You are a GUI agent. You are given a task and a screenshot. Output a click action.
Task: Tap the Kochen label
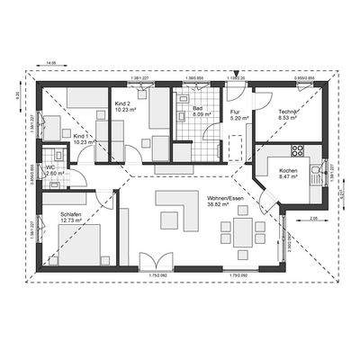tap(287, 171)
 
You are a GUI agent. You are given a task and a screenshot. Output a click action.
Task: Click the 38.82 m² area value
tap(220, 206)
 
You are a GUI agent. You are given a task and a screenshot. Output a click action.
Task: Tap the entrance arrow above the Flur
tap(235, 71)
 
